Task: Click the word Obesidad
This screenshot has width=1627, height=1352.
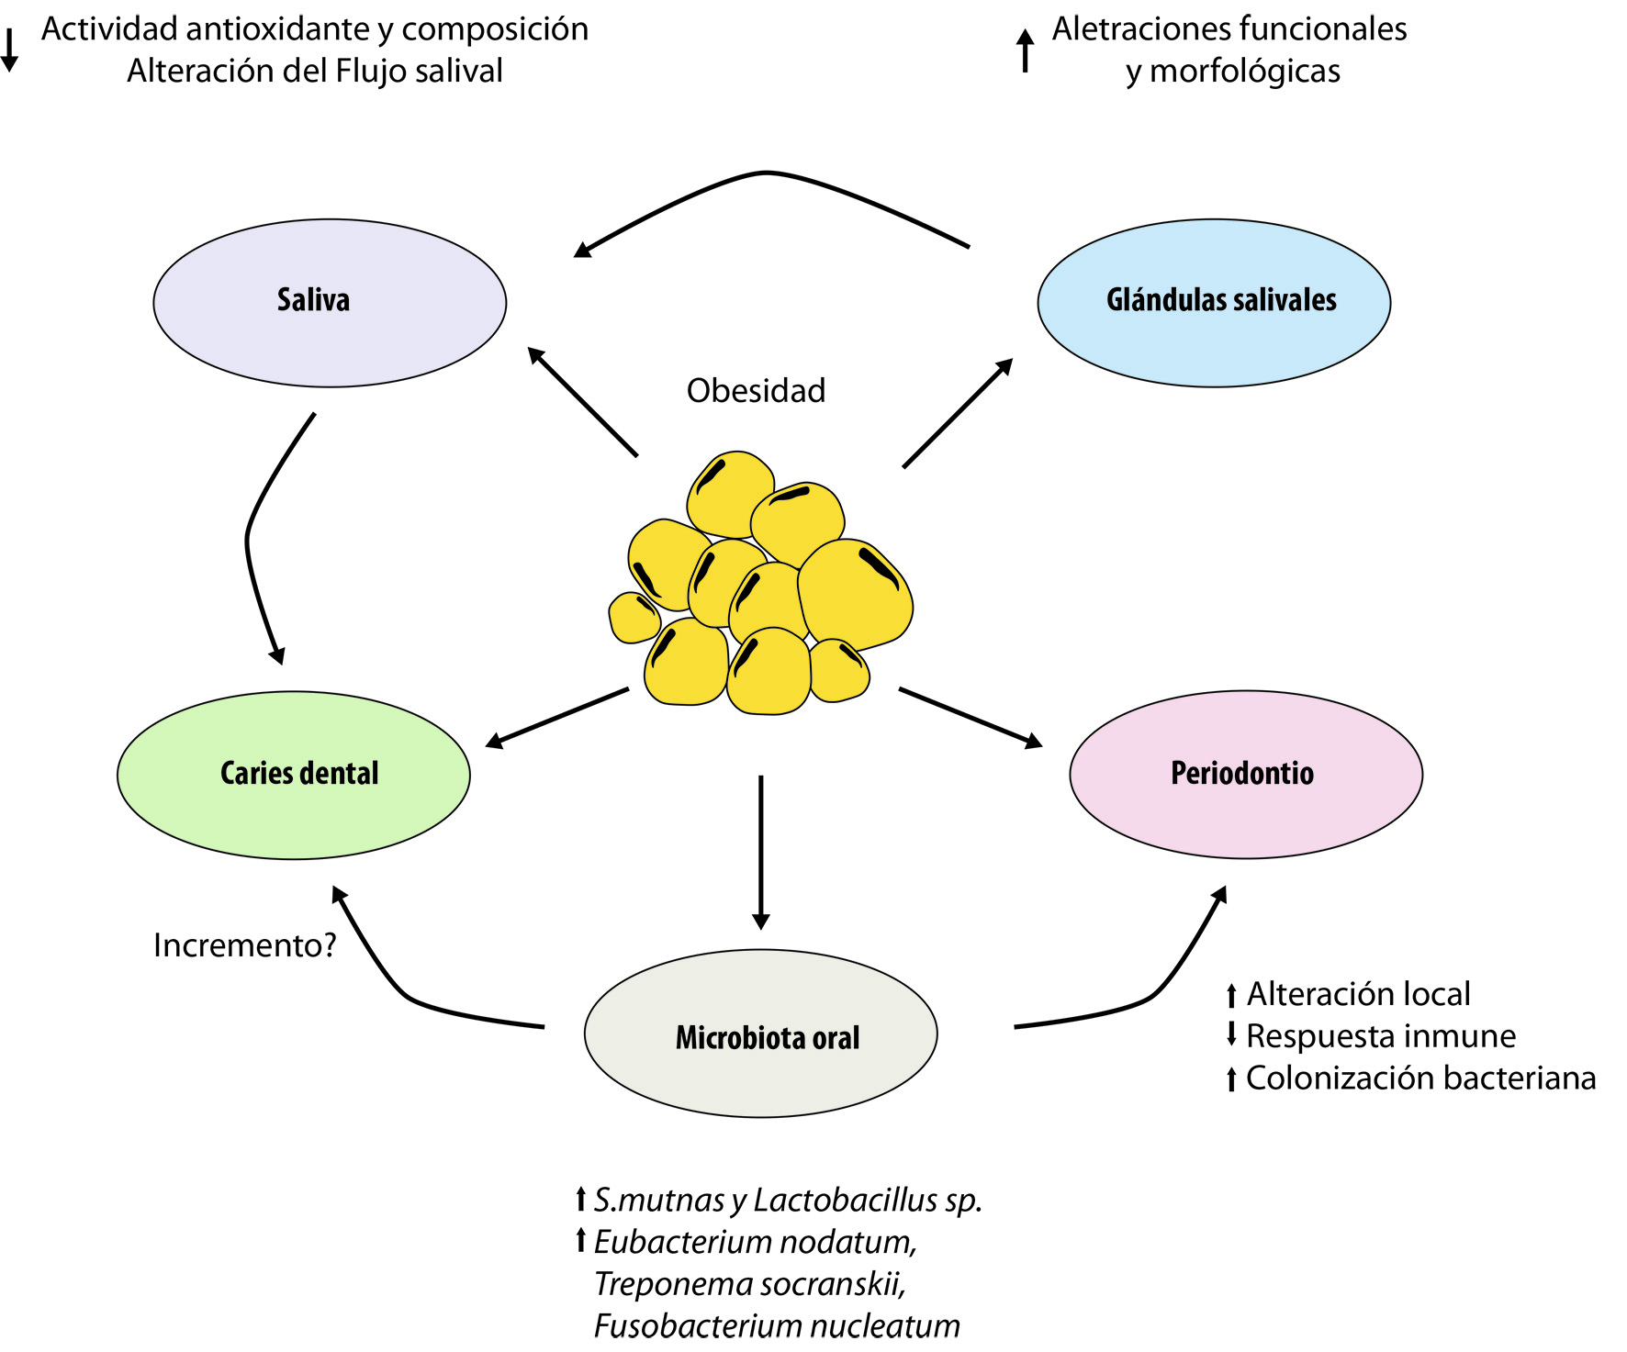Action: coord(756,391)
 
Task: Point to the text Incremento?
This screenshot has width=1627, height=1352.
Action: coord(245,945)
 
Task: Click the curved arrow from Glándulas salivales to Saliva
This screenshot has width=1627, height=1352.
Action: coord(767,173)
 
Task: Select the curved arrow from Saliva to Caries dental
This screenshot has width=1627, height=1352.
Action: coord(250,542)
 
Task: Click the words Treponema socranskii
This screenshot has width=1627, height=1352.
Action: coord(749,1283)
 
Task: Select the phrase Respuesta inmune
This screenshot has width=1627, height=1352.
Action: coord(1381,1036)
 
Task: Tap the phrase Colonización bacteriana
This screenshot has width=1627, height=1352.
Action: coord(1420,1078)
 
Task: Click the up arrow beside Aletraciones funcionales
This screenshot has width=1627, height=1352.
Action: coord(1026,50)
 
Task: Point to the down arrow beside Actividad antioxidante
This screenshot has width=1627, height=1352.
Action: coord(9,50)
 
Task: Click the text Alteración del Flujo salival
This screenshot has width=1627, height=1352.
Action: coord(315,71)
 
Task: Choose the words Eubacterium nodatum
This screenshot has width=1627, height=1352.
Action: coord(755,1242)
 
